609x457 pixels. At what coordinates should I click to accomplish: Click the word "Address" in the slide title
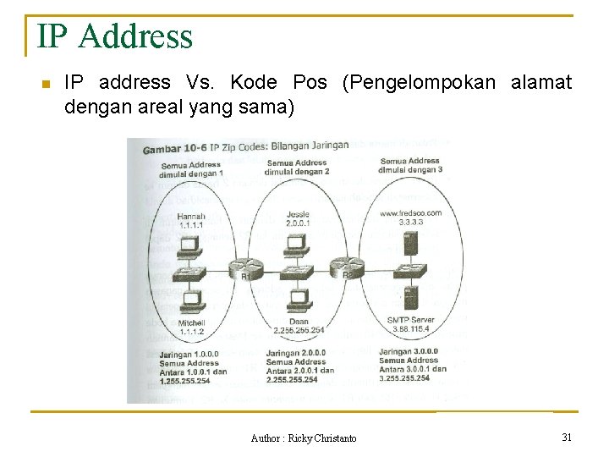click(138, 36)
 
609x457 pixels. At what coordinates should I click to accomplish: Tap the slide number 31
click(567, 437)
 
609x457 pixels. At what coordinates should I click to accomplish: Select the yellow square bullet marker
click(47, 84)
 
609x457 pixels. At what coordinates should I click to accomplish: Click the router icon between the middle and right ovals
click(345, 267)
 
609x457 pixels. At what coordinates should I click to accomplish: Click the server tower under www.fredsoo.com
click(411, 245)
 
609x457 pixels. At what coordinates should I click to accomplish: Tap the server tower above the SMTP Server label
click(410, 299)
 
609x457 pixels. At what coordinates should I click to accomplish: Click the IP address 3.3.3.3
click(411, 223)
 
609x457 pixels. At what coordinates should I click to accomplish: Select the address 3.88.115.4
click(409, 329)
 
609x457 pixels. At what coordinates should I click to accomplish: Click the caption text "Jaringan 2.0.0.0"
click(295, 353)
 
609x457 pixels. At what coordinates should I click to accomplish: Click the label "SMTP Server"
click(409, 320)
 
